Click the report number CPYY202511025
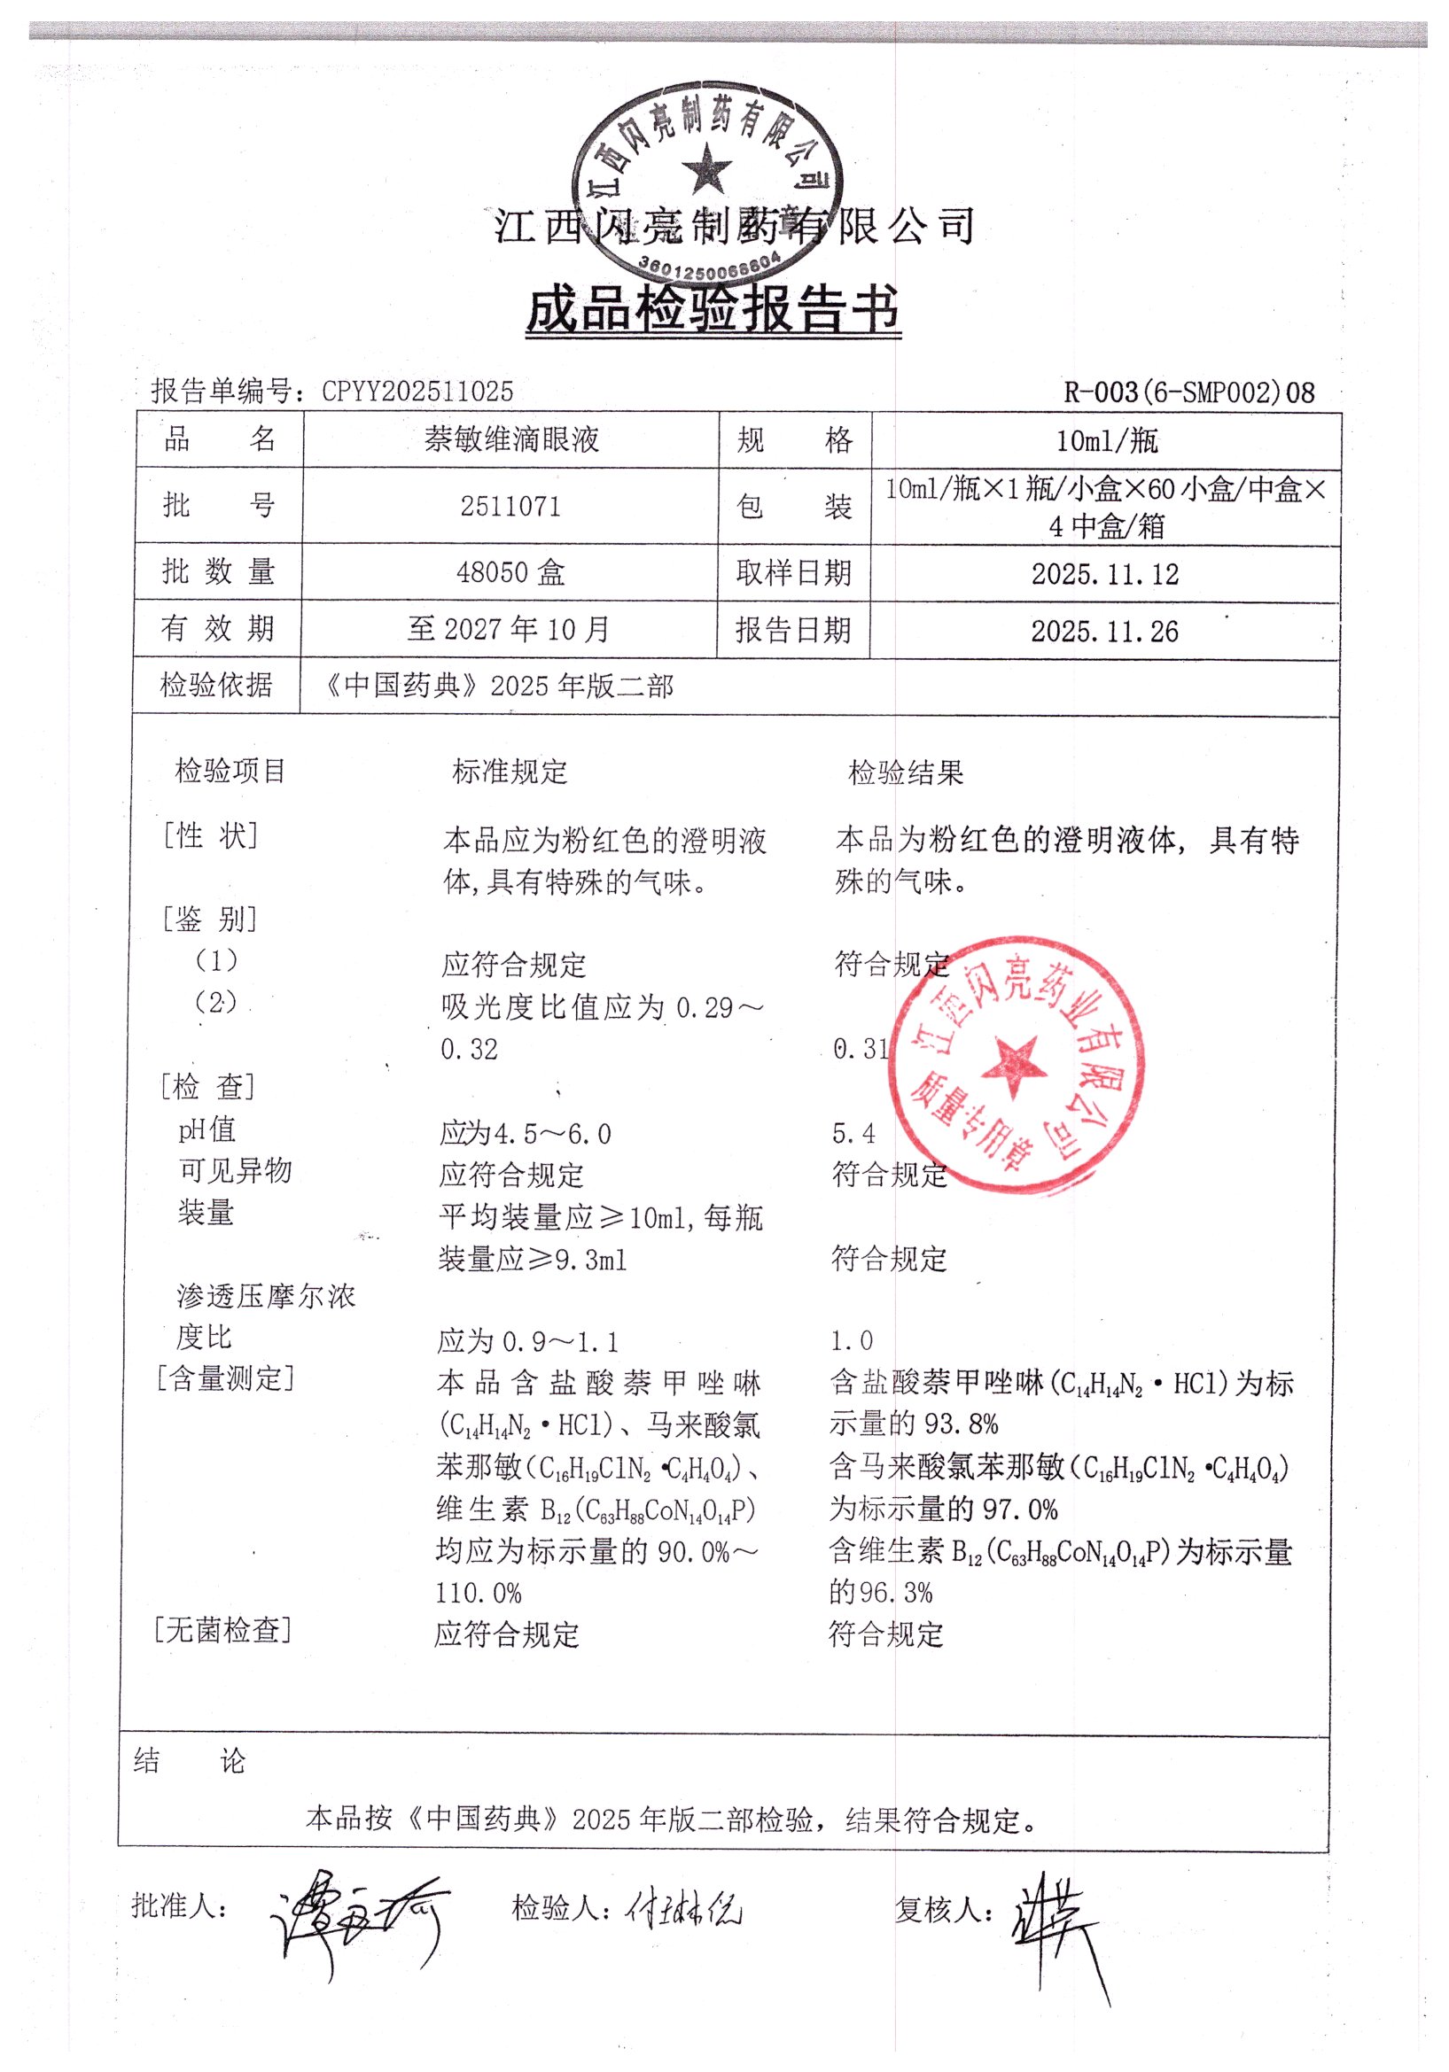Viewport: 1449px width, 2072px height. coord(417,391)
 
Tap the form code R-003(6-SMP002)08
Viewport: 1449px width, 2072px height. coord(1189,392)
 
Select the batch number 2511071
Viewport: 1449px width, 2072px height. coord(510,507)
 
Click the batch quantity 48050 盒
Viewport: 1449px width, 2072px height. coord(510,572)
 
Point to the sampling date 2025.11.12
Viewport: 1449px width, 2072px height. coord(1105,574)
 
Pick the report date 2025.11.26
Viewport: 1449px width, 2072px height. coord(1105,631)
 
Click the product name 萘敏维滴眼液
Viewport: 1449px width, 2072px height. coord(511,439)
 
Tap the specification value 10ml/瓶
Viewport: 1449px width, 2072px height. coord(1107,440)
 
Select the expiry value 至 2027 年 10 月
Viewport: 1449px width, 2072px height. coord(509,629)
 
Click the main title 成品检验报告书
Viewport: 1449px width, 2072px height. coord(713,309)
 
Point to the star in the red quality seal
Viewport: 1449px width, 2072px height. coord(1015,1066)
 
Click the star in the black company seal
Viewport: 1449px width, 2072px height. coord(707,170)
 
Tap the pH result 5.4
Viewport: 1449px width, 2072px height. coord(853,1134)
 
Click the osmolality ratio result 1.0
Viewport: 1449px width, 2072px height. coord(852,1340)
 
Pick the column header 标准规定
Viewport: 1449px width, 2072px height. coord(510,772)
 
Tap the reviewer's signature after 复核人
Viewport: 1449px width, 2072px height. coord(1056,1922)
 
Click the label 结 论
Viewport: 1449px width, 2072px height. coord(189,1761)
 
